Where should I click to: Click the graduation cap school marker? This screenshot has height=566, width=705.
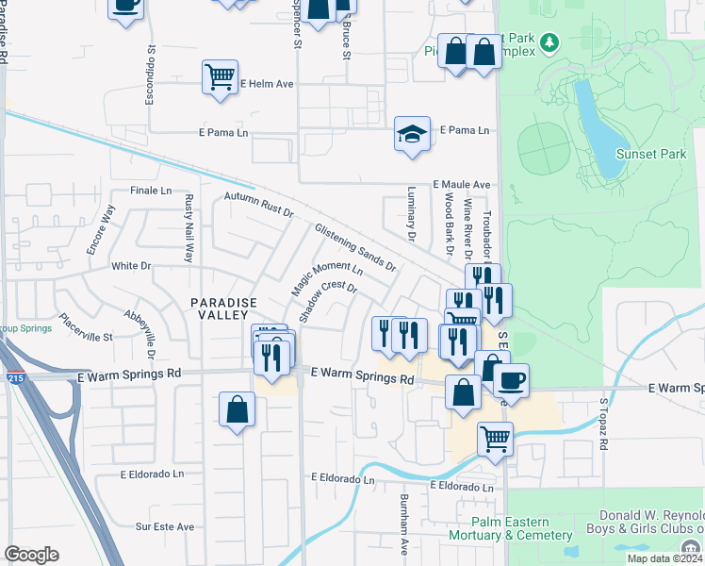coord(412,134)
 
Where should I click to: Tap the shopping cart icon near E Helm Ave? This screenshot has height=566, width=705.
coord(220,77)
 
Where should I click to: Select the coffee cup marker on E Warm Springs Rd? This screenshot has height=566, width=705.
coord(511,380)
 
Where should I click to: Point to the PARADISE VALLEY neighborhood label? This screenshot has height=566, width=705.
coord(223,308)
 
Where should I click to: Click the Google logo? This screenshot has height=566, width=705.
coord(31,554)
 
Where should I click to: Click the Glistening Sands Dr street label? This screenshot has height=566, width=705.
coord(355,247)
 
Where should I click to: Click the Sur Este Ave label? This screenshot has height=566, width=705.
coord(165,526)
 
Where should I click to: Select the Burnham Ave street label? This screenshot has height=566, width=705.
coord(403,533)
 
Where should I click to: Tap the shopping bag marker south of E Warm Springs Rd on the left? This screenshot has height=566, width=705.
coord(237,410)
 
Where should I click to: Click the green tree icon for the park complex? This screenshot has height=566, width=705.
coord(551,43)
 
